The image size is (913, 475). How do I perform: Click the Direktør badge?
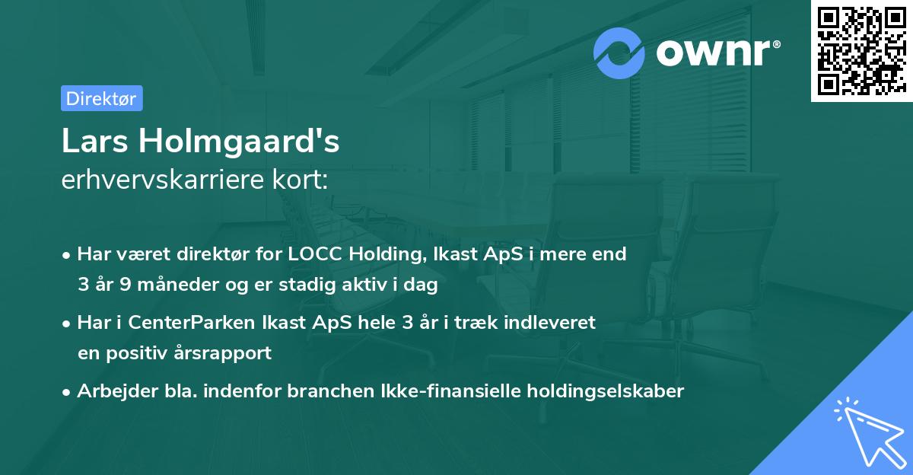(101, 98)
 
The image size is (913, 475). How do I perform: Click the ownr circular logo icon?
(619, 53)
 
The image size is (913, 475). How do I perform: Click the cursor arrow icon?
(867, 431)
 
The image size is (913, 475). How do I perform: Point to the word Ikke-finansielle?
(444, 391)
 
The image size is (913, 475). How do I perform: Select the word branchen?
(327, 391)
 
